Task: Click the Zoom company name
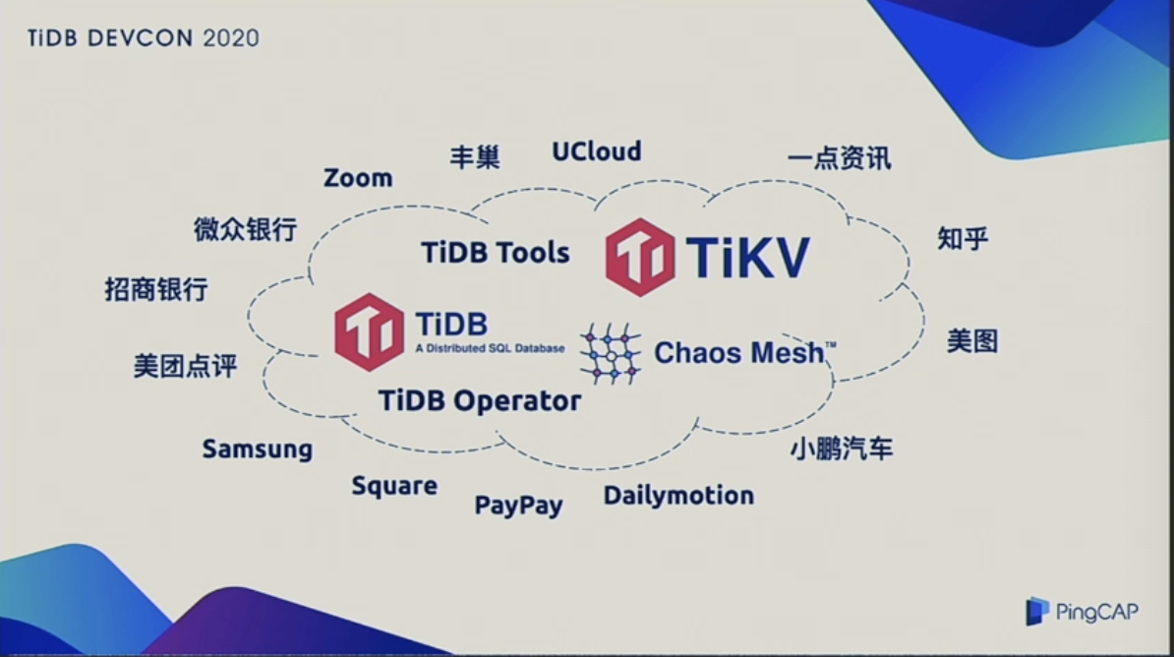(358, 178)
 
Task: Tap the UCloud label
(597, 151)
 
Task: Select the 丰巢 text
(475, 157)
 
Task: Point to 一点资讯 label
(840, 158)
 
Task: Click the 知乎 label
(963, 238)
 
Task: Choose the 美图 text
(972, 341)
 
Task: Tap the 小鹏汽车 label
(842, 448)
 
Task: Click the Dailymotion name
(679, 495)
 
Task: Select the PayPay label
(519, 505)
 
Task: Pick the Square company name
(394, 486)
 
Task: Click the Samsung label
(258, 448)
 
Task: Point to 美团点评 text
(185, 366)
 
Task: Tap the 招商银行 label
(155, 289)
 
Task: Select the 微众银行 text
(246, 229)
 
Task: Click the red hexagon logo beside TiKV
(640, 257)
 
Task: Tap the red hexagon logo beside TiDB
(369, 331)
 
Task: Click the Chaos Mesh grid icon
(611, 354)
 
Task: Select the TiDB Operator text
(480, 401)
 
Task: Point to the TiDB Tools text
(496, 253)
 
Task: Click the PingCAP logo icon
(1037, 612)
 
